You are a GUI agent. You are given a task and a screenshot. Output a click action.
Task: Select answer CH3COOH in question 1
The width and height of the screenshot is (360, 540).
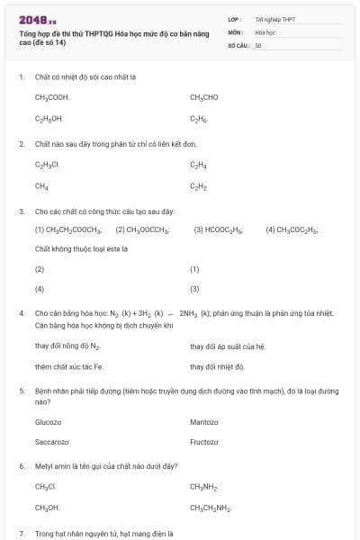point(52,97)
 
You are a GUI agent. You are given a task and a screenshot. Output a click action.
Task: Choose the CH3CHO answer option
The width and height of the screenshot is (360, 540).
point(204,97)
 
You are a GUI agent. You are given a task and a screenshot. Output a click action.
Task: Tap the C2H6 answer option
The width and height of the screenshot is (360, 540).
point(199,118)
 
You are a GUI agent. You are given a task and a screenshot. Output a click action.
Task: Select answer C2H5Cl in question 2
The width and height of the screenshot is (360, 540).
point(48,165)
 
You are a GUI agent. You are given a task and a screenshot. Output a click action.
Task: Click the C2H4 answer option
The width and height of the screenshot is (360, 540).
point(199,165)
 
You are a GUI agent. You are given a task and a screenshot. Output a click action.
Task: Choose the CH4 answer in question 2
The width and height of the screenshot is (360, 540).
point(41,186)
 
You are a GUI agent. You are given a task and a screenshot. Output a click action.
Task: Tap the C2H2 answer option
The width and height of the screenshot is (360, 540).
point(199,186)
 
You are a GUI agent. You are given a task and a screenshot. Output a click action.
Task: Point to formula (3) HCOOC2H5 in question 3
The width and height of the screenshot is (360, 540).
point(219,229)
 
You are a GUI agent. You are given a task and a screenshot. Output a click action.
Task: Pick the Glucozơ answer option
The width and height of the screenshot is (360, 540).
point(48,421)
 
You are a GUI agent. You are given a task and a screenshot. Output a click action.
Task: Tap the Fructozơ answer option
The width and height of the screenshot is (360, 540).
point(204,442)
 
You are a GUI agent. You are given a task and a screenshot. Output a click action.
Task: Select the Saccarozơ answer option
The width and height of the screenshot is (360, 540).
point(51,442)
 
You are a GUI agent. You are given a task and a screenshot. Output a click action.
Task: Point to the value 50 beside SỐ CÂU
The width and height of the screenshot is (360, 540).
point(257,44)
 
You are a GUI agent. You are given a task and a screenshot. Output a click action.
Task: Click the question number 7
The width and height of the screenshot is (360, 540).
point(21,534)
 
